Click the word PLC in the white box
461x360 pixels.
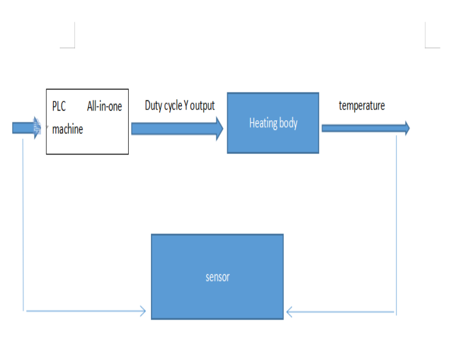point(59,107)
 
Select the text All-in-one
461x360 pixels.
point(105,107)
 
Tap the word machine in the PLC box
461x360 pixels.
point(68,129)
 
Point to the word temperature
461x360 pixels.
point(362,106)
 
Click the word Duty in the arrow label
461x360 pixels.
point(153,106)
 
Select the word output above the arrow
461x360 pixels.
point(202,106)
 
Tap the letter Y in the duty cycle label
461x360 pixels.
point(186,106)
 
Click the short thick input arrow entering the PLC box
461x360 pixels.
point(25,128)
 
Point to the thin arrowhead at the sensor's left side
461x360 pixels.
point(143,311)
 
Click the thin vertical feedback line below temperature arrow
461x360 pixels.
point(396,223)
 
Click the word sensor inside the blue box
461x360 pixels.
point(218,277)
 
